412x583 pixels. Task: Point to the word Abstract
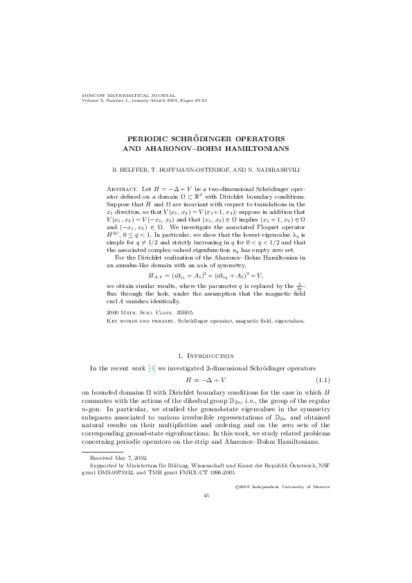point(121,189)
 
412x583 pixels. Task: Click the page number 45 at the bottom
point(206,496)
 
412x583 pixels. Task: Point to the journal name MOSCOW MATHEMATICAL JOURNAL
point(128,96)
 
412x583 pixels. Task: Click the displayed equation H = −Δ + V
point(206,381)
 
